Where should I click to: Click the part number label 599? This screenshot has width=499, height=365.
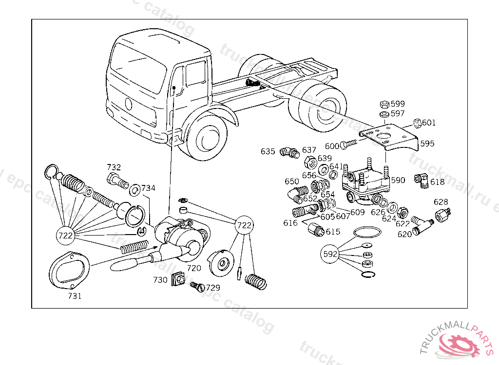[x=398, y=104]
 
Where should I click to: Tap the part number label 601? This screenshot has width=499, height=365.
[x=429, y=123]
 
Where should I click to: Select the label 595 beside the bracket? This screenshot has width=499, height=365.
[x=427, y=144]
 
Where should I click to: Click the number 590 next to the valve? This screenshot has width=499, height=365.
[x=398, y=180]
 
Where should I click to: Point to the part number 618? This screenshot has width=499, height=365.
[x=437, y=182]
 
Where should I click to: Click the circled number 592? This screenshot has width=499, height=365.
[x=330, y=254]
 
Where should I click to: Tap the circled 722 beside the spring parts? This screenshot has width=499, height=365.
[x=66, y=236]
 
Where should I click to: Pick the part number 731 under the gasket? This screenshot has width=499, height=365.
[x=75, y=296]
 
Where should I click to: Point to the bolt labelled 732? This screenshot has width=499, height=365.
[x=116, y=181]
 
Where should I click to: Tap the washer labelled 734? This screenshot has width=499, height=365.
[x=134, y=188]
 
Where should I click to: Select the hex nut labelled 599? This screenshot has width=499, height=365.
[x=384, y=104]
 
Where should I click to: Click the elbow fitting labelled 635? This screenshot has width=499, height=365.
[x=289, y=154]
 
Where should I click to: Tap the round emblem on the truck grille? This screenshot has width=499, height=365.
[x=129, y=104]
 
